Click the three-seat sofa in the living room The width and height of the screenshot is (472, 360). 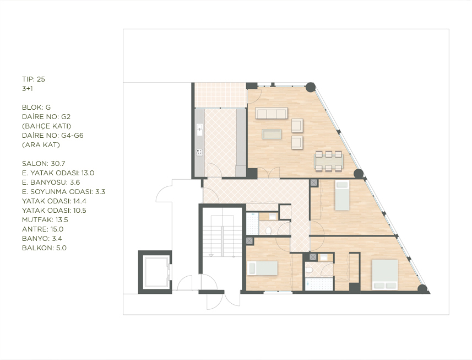pos(271,113)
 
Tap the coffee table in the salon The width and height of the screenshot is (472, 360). pos(272,134)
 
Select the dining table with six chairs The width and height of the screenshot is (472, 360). pos(328,161)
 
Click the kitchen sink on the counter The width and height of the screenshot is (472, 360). pos(199,130)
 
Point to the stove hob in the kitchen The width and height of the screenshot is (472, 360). pos(199,153)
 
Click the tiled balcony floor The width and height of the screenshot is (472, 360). pos(221,95)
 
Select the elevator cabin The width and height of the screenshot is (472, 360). pos(155,272)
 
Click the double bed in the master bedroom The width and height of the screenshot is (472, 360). pos(385,275)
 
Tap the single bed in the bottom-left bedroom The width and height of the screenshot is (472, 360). pos(263,268)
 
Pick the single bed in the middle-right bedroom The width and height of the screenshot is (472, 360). pos(342,195)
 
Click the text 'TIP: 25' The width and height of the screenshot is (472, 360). pos(34,79)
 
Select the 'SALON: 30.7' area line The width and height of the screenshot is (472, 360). pos(44,164)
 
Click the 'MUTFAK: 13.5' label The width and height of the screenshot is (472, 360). pos(45,220)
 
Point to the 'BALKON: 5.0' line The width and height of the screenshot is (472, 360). pos(44,248)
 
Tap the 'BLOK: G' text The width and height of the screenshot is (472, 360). pos(36,108)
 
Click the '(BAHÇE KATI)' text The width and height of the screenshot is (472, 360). pos(46,126)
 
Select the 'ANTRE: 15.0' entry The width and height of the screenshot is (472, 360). pos(42,229)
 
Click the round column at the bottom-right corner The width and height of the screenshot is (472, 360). pos(422,288)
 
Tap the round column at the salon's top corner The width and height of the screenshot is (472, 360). pos(311,87)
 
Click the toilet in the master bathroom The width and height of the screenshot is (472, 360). pos(309,270)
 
